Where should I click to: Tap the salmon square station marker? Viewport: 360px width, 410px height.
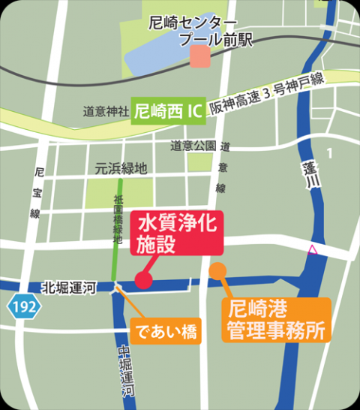(x=199, y=56)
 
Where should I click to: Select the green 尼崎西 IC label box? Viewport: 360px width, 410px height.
(x=166, y=110)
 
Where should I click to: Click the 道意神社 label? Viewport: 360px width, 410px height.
(x=106, y=111)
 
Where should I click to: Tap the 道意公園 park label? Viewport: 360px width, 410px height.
(x=193, y=146)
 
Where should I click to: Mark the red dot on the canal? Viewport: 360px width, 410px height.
(x=142, y=281)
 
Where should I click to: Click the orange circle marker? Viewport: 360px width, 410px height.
(x=217, y=270)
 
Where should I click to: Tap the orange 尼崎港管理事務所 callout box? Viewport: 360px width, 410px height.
(x=276, y=320)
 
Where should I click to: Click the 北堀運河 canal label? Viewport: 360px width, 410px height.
(x=68, y=287)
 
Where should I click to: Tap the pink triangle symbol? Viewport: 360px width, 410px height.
(x=312, y=249)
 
